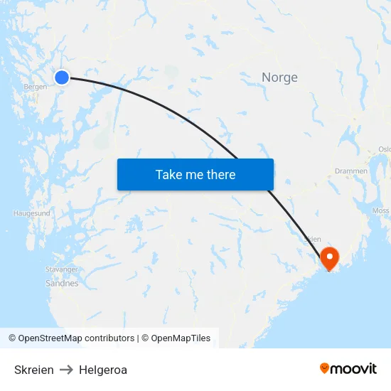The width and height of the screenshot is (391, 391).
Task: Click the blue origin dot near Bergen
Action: pyautogui.click(x=62, y=77)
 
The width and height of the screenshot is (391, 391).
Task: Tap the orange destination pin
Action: pyautogui.click(x=330, y=257)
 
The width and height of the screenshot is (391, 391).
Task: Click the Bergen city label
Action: pyautogui.click(x=35, y=87)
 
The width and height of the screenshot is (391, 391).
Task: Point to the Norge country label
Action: pyautogui.click(x=279, y=77)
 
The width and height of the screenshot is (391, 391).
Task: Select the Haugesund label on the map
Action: pyautogui.click(x=32, y=213)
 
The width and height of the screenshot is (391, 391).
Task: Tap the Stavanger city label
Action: pyautogui.click(x=61, y=269)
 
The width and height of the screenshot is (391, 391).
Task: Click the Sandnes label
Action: pyautogui.click(x=62, y=283)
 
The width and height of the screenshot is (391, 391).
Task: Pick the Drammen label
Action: pyautogui.click(x=351, y=171)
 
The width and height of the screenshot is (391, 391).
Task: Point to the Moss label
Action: pyautogui.click(x=380, y=211)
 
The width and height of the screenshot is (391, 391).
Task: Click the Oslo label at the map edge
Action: pyautogui.click(x=385, y=149)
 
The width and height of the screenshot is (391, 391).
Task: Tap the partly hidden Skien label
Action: pyautogui.click(x=314, y=240)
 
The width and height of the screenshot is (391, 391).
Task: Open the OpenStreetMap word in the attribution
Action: pyautogui.click(x=50, y=338)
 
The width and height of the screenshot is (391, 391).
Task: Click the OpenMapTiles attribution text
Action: pyautogui.click(x=181, y=338)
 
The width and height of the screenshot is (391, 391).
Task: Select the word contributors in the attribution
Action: pyautogui.click(x=109, y=338)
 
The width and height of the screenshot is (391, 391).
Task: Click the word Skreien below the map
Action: pyautogui.click(x=34, y=370)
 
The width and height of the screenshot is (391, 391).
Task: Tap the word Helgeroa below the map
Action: pyautogui.click(x=103, y=370)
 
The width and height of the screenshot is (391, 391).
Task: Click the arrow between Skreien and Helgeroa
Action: pyautogui.click(x=66, y=370)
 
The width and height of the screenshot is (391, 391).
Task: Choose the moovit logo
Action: pyautogui.click(x=348, y=368)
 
